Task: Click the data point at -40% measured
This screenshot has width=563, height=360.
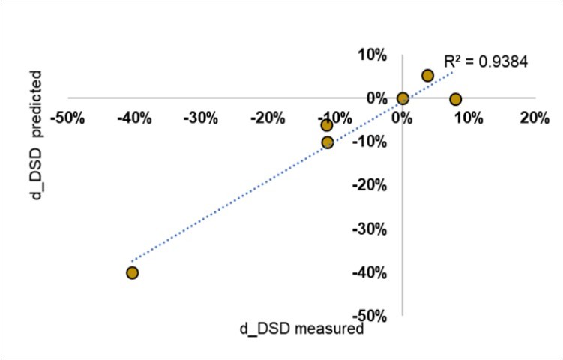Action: [132, 272]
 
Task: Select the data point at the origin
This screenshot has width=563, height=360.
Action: [403, 98]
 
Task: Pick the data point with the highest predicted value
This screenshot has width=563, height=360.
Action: [427, 75]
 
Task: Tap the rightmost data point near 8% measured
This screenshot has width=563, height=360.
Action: [455, 99]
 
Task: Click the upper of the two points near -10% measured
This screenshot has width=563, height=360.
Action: [327, 125]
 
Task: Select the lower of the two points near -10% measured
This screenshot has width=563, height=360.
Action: [327, 142]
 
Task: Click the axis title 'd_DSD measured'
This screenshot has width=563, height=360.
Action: [301, 328]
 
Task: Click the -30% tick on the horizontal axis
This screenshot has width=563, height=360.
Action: [202, 118]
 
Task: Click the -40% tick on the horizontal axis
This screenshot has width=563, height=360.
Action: [136, 118]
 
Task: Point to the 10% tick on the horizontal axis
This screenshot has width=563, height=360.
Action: [467, 118]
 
